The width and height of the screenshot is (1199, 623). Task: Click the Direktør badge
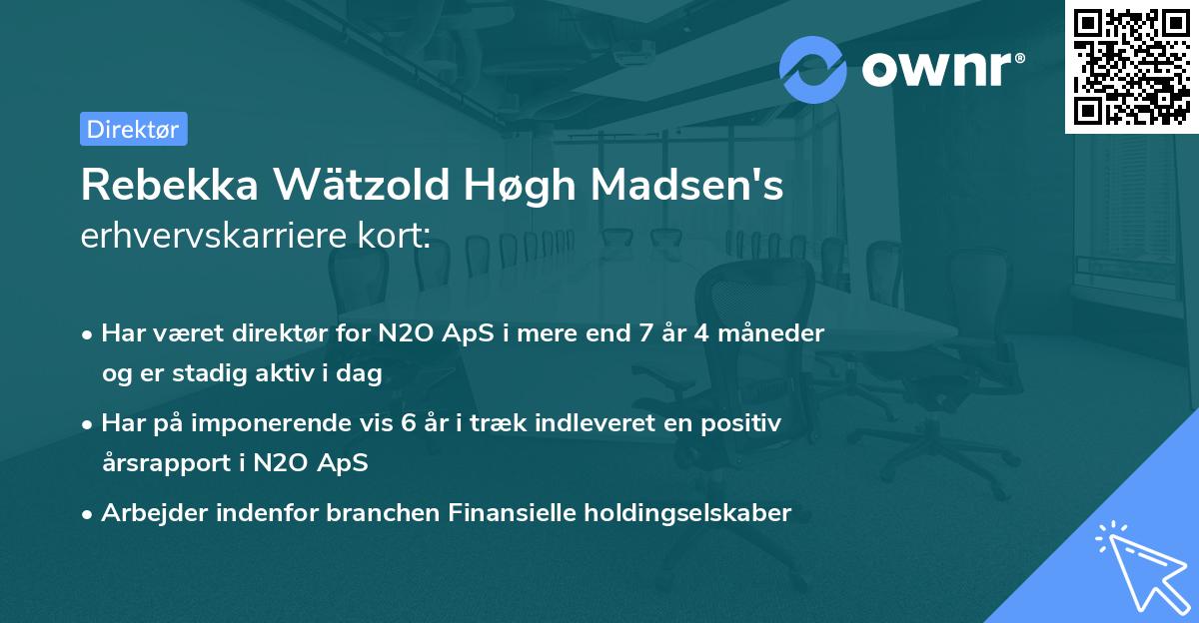coord(133,129)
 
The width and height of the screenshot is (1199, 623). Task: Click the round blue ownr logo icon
coord(813,69)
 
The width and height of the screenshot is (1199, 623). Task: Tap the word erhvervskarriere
coord(217,238)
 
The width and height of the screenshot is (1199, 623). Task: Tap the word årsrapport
coord(164,464)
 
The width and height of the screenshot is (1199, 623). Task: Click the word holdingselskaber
coord(692,514)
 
